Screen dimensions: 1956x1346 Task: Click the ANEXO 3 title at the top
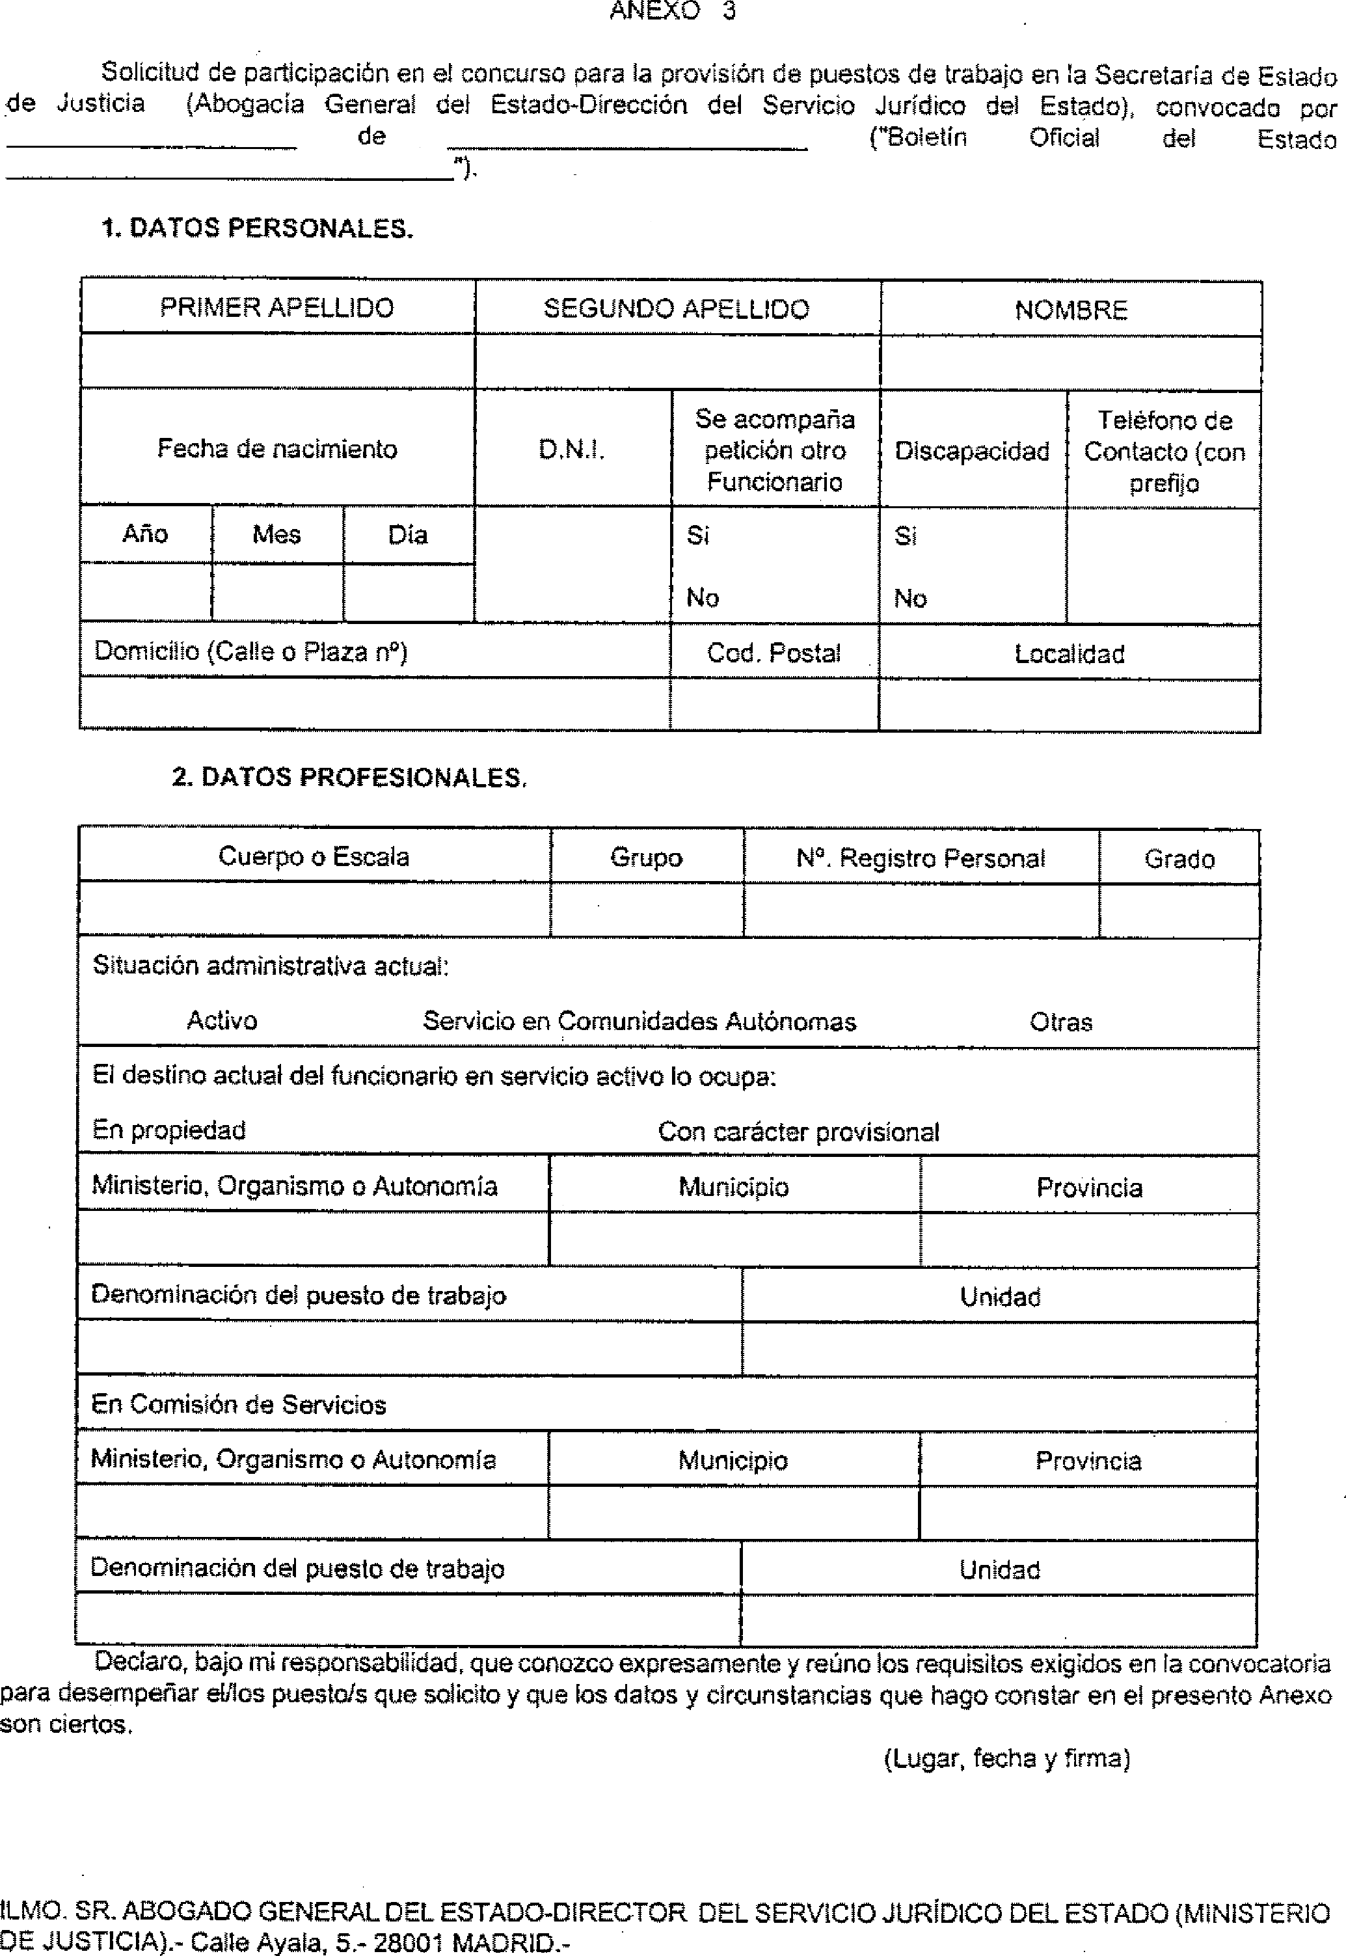coord(672,11)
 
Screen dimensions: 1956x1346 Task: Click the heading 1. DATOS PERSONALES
coord(257,228)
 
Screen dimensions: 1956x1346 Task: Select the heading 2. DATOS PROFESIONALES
coord(349,778)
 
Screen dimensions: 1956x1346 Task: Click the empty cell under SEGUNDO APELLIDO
coord(677,362)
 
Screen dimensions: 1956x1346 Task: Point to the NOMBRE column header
coord(1070,310)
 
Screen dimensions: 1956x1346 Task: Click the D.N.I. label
coord(571,450)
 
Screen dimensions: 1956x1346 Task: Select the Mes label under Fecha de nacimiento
coord(276,535)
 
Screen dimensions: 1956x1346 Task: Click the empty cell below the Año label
coord(145,592)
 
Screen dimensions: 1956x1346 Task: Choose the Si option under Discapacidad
coord(905,536)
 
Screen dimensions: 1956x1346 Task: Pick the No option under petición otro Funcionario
coord(702,598)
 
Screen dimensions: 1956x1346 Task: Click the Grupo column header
coord(646,858)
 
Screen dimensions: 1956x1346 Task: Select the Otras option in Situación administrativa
coord(1060,1022)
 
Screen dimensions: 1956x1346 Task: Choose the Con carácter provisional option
coord(798,1132)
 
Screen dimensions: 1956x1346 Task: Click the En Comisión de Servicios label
coord(239,1404)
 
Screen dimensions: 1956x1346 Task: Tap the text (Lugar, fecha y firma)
coord(1006,1759)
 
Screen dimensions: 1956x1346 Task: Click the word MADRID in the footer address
coord(503,1944)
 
